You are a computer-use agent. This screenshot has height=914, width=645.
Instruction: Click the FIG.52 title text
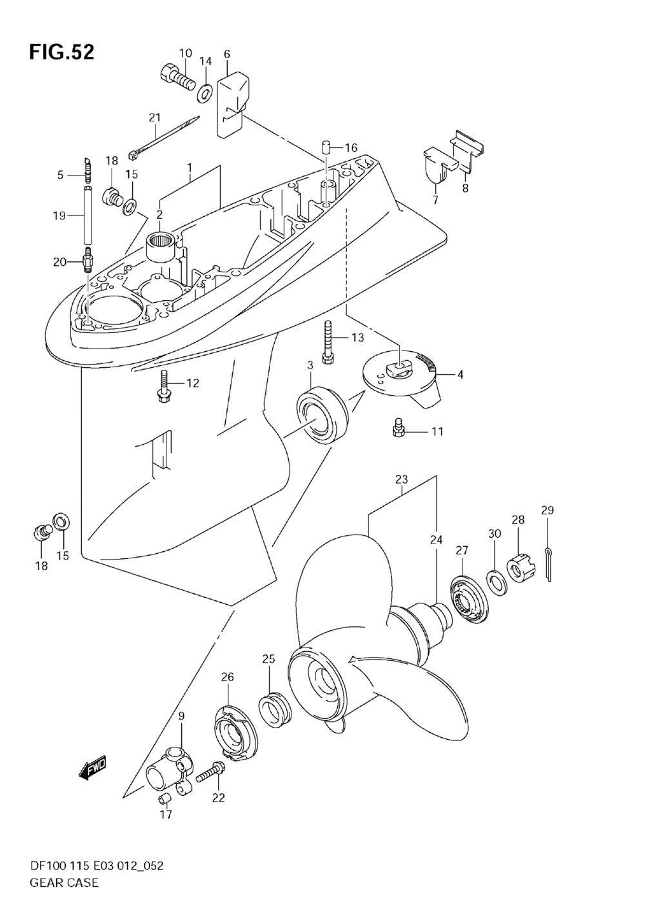click(x=61, y=52)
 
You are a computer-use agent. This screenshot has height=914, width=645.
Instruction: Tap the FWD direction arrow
click(x=93, y=768)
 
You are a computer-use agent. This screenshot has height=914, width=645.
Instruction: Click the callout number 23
click(x=401, y=480)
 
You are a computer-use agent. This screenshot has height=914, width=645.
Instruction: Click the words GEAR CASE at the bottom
click(x=63, y=882)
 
